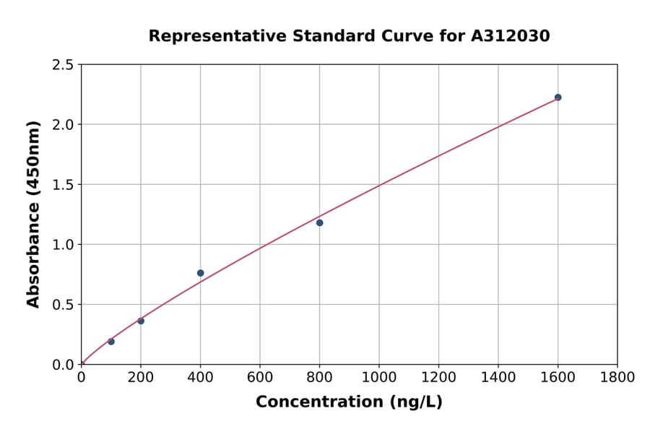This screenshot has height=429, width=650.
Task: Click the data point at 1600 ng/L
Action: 558,97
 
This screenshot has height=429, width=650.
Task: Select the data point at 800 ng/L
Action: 319,222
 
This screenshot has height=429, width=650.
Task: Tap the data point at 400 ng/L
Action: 200,273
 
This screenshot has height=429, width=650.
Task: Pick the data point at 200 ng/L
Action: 141,321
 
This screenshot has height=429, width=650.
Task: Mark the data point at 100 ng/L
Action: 111,342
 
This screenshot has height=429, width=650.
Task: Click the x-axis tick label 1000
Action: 379,378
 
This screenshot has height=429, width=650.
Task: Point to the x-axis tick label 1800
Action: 617,378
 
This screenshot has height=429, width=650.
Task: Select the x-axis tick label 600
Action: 260,378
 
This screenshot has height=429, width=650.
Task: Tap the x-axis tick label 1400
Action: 498,378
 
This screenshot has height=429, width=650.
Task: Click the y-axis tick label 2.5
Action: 63,65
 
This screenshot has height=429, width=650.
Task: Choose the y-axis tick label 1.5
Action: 63,185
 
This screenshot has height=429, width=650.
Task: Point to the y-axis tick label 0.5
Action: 63,305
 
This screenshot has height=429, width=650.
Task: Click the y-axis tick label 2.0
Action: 63,125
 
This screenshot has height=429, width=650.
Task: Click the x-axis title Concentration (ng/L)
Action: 349,402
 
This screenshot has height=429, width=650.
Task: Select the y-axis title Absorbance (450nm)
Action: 33,214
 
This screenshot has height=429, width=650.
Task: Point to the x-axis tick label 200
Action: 141,378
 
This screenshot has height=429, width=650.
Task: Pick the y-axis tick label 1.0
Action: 63,245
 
